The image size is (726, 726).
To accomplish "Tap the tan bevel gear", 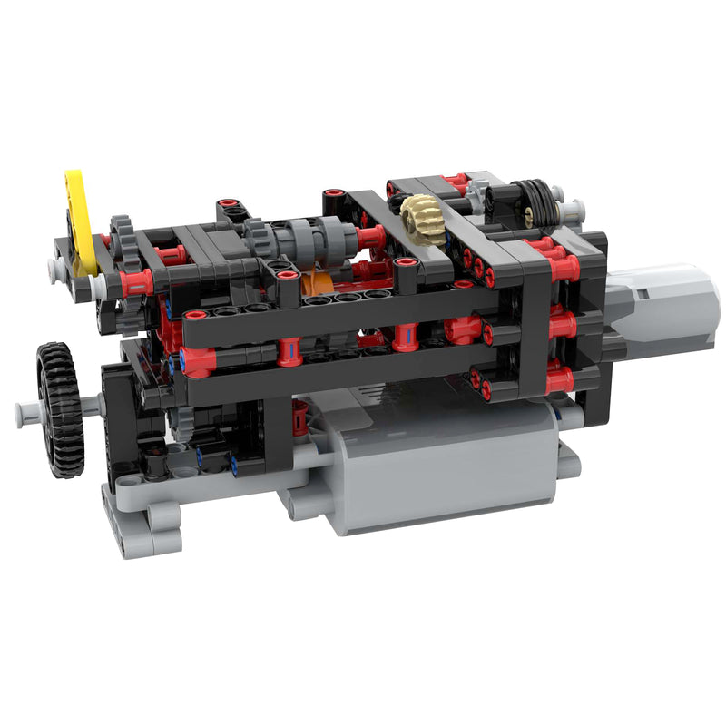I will click(424, 220).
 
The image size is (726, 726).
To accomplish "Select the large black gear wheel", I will click(61, 408).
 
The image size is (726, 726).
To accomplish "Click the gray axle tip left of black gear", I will click(25, 414).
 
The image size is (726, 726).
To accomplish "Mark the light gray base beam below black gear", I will click(145, 526).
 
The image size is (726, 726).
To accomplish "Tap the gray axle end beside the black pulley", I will click(571, 210).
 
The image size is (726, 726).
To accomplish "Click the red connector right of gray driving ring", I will click(370, 238).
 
